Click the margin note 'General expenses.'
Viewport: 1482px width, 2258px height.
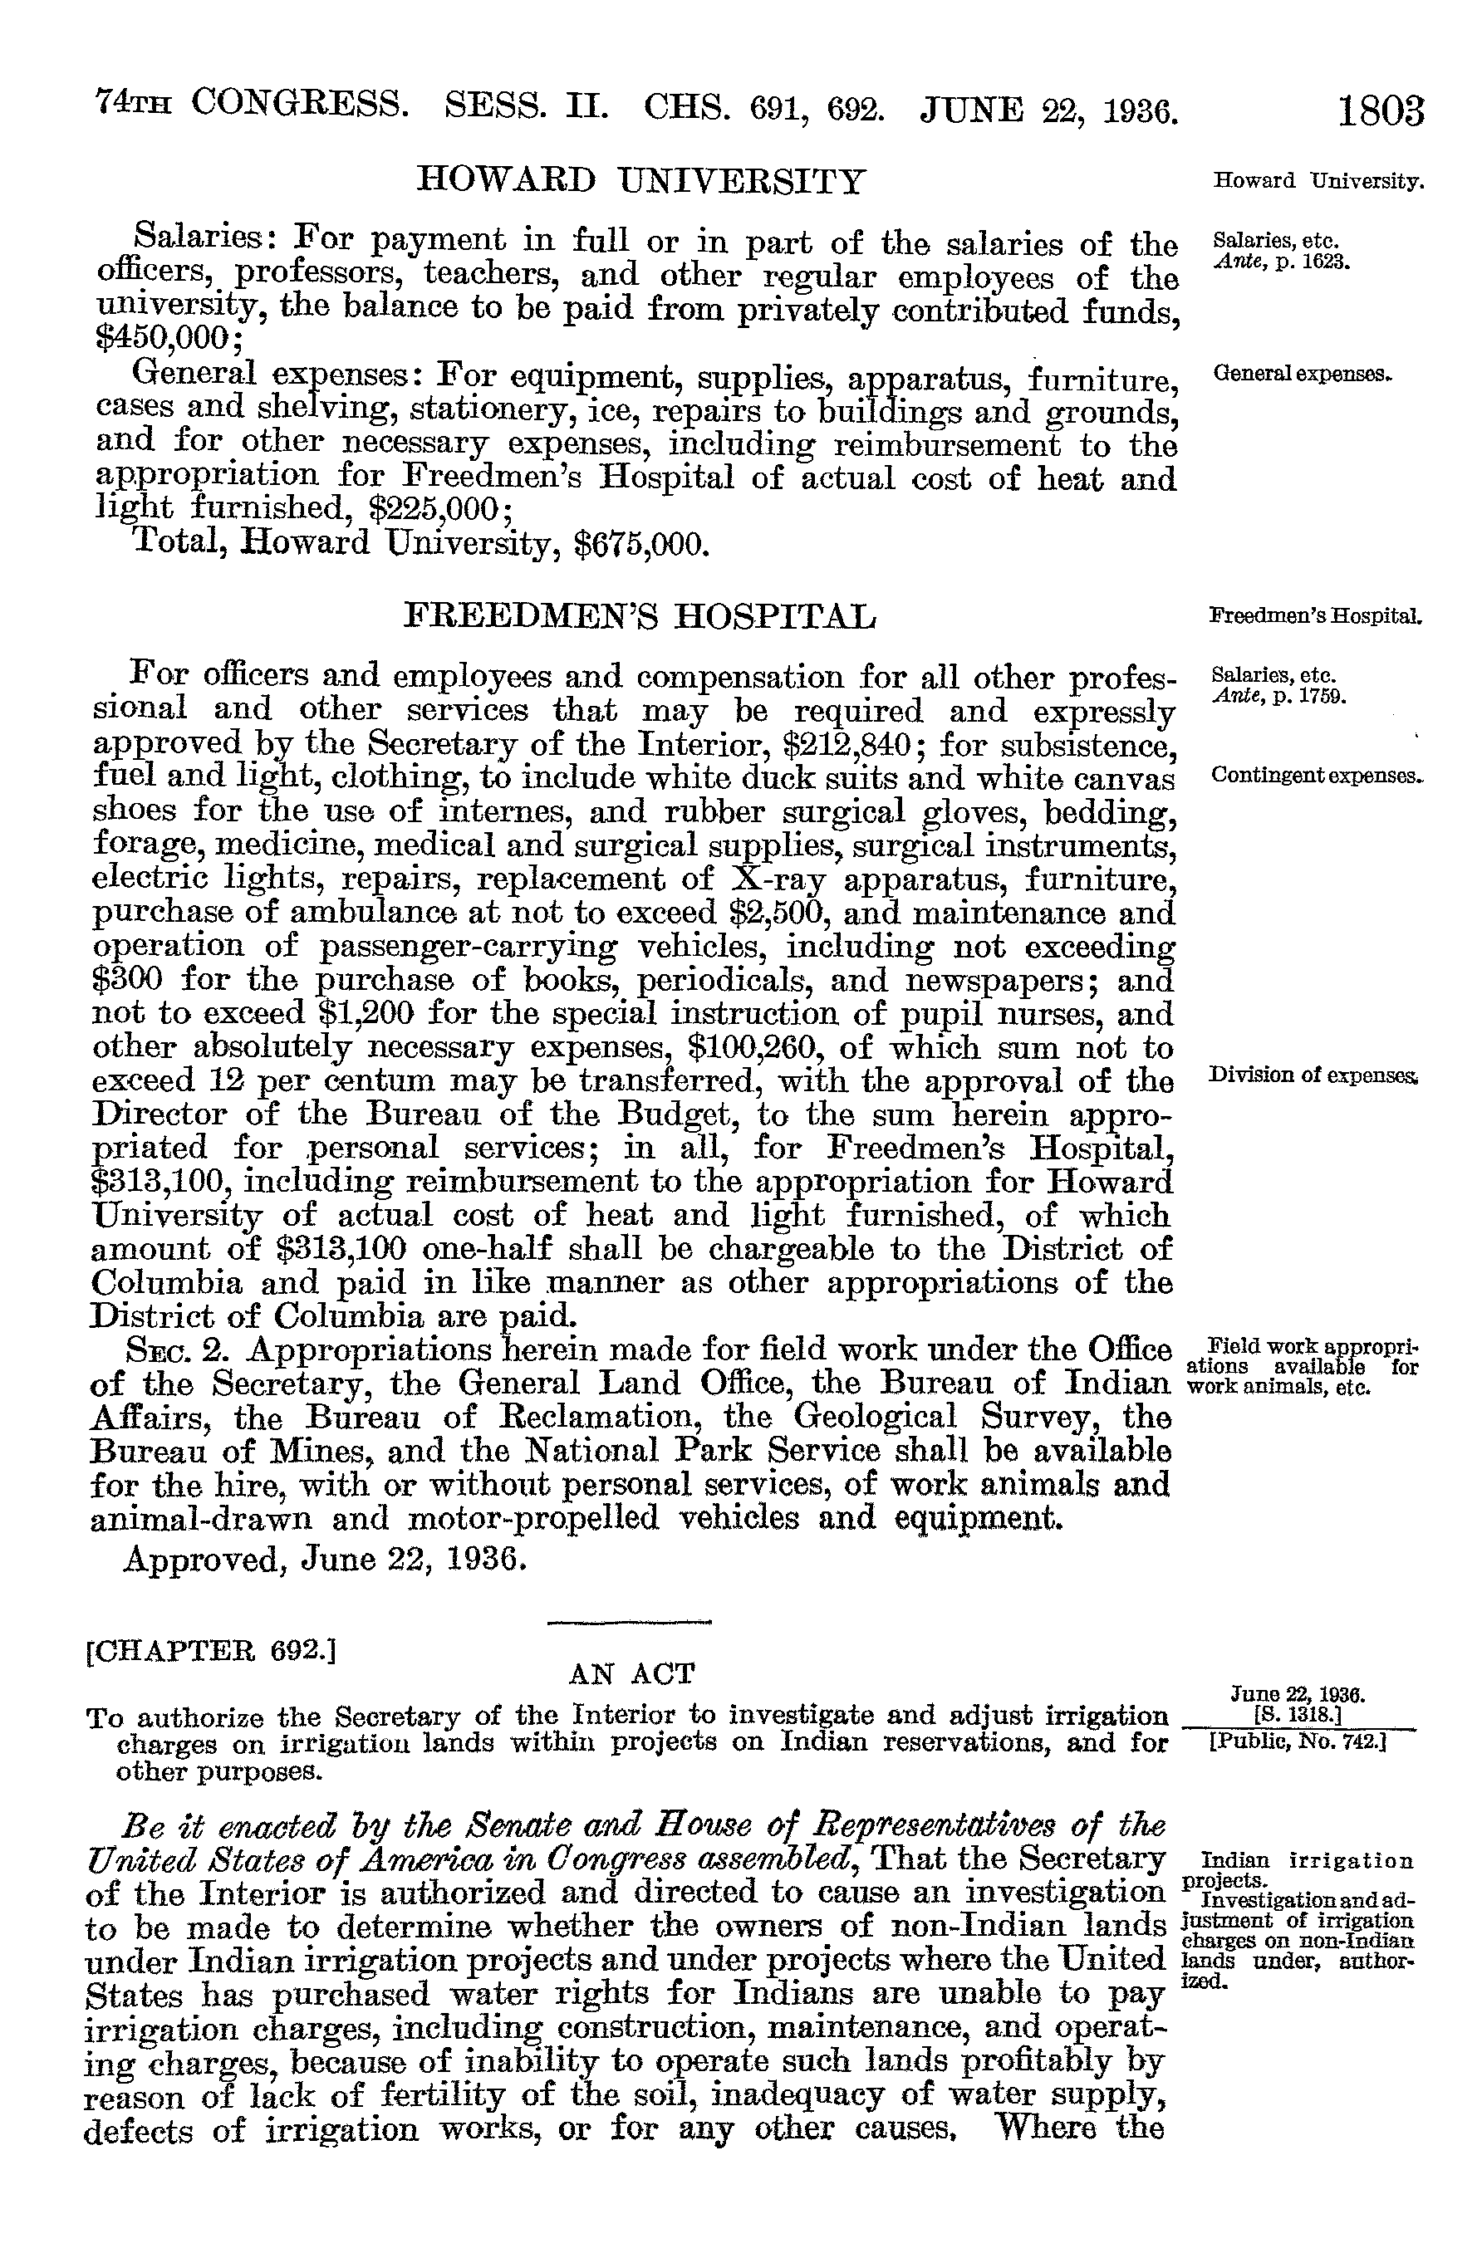[x=1302, y=375]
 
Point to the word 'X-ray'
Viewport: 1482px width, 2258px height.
[x=783, y=879]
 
